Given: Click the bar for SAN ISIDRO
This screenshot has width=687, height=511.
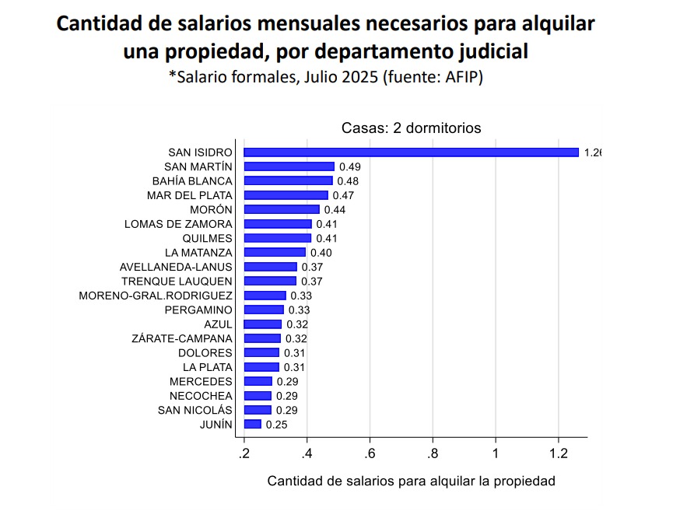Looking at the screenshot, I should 411,152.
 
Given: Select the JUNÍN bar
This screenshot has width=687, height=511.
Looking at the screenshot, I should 252,424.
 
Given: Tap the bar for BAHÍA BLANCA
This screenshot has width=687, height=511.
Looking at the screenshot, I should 288,181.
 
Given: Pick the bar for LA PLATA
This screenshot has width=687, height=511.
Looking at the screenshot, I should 261,367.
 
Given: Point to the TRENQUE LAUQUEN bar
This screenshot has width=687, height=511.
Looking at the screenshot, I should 270,281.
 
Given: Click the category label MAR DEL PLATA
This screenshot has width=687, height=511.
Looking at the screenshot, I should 189,195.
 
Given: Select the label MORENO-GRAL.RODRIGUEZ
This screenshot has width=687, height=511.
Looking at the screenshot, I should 156,296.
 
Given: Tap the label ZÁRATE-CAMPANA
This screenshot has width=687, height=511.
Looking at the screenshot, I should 182,338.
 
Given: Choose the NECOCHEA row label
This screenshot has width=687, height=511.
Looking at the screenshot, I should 201,396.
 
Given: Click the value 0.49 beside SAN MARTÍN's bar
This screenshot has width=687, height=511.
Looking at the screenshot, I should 349,166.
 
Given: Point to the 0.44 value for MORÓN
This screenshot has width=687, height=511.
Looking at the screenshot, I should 335,210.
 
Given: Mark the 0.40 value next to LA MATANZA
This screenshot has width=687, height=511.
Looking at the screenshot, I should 321,253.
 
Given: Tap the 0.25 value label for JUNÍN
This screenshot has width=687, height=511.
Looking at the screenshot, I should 276,425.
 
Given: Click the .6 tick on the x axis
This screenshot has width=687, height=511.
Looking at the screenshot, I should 370,453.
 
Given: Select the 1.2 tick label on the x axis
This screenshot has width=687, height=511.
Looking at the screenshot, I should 558,453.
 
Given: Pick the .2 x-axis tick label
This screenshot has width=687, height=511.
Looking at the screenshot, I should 244,453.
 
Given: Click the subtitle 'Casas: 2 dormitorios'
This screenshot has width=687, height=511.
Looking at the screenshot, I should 411,128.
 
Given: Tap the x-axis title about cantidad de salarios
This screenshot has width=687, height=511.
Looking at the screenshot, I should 411,481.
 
